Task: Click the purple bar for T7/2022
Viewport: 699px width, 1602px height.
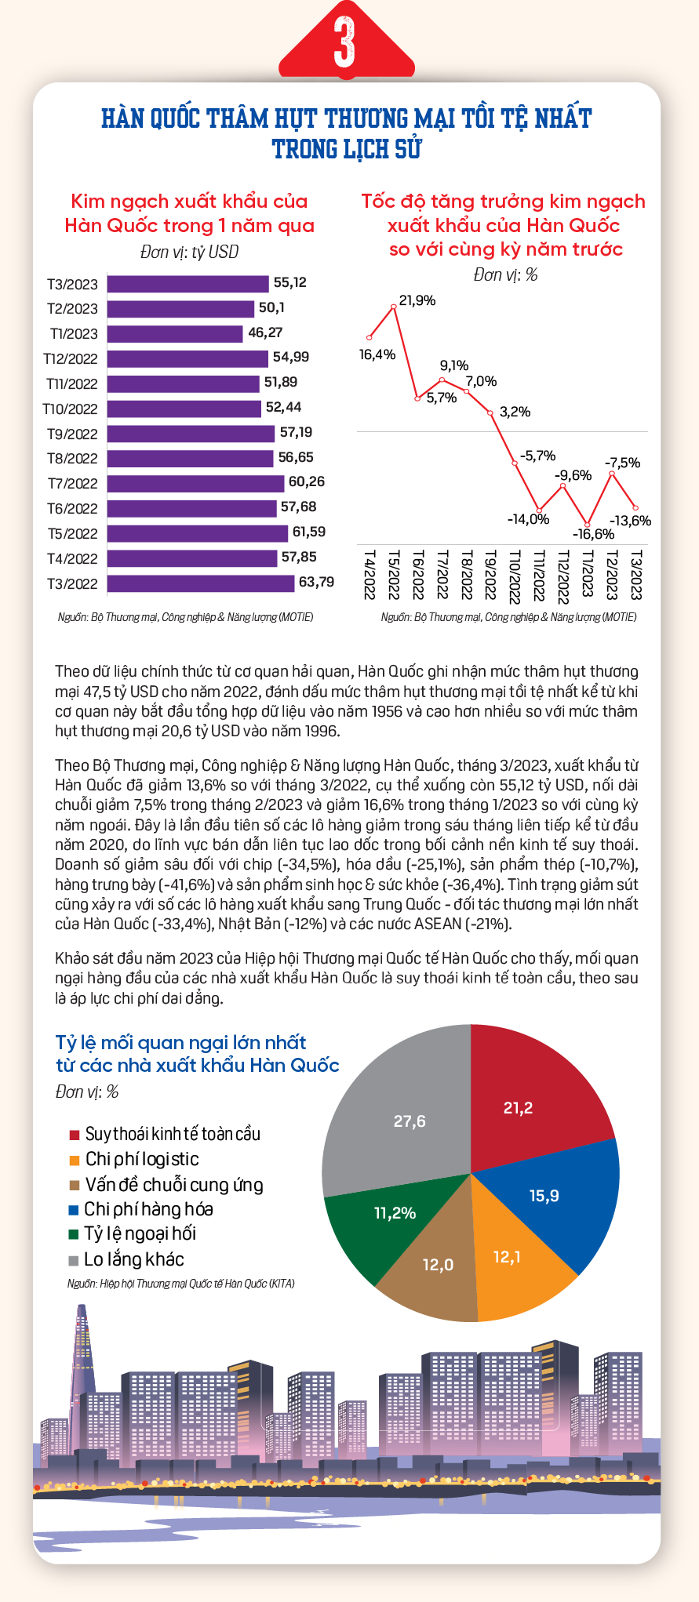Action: [x=195, y=483]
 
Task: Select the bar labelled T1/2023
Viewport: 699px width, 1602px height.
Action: [x=175, y=333]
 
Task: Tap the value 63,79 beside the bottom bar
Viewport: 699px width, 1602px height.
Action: [x=316, y=582]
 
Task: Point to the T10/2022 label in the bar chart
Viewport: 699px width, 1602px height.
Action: [x=71, y=409]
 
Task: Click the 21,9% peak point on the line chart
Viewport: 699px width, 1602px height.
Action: [x=394, y=308]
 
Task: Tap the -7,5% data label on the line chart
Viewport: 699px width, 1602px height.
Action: [x=622, y=463]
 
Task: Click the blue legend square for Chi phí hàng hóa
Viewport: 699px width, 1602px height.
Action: [x=74, y=1210]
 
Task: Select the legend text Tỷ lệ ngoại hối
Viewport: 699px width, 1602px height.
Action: [x=140, y=1233]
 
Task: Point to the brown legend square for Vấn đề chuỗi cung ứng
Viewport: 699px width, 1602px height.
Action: [x=74, y=1185]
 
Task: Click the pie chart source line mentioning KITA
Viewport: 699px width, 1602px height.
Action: [x=181, y=1284]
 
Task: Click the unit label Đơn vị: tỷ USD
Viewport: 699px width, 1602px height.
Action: [x=189, y=252]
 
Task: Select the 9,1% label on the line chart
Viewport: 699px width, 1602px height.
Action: [x=454, y=365]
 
